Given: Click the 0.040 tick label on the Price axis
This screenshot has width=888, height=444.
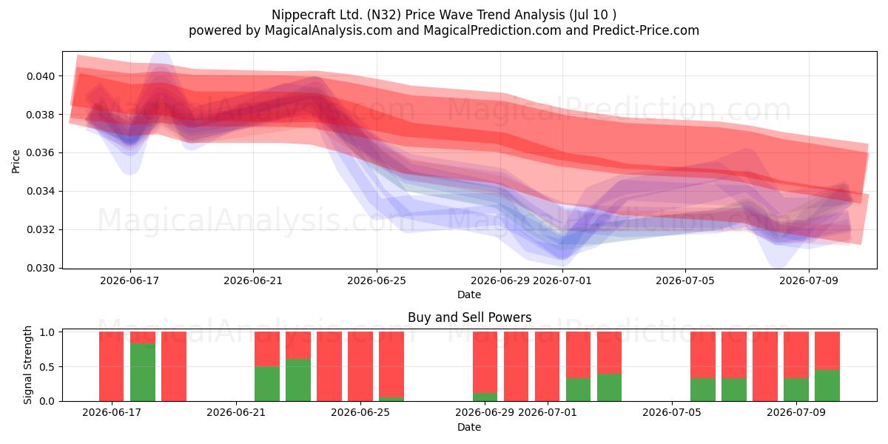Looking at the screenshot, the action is coord(41,76).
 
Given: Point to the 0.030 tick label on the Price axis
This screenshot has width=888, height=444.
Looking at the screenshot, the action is coord(41,268).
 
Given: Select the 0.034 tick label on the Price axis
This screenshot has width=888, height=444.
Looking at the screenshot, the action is coord(41,191).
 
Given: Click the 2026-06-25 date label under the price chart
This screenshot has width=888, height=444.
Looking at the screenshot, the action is coord(377,280).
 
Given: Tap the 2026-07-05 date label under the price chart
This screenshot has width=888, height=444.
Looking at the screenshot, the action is coord(685,280).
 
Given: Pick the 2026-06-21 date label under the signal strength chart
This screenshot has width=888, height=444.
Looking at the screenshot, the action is coord(236,412).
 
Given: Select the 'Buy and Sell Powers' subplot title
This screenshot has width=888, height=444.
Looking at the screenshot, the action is coord(469,317).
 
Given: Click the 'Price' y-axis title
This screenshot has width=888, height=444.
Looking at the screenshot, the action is coord(16,161).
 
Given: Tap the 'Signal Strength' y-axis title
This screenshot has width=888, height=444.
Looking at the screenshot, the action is coord(27,365).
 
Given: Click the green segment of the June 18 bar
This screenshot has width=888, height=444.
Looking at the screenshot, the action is coord(143,372).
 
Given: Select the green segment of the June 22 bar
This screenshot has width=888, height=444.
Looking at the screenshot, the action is coord(267,384).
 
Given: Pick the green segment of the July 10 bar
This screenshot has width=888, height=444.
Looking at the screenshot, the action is coord(827,386).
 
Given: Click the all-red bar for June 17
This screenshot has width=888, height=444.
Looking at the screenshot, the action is coord(112,366).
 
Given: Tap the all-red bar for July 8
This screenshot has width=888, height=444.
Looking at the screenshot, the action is coord(765,366).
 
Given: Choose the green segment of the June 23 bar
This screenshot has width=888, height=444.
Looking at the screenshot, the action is coord(298,380).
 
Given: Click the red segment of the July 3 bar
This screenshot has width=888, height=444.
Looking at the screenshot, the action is coord(609,353).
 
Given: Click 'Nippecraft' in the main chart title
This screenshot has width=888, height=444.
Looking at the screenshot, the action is coord(303,15).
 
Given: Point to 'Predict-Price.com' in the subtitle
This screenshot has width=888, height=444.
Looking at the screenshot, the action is coord(646,30).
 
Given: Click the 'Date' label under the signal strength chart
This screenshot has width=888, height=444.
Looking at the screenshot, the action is coord(469,427).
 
